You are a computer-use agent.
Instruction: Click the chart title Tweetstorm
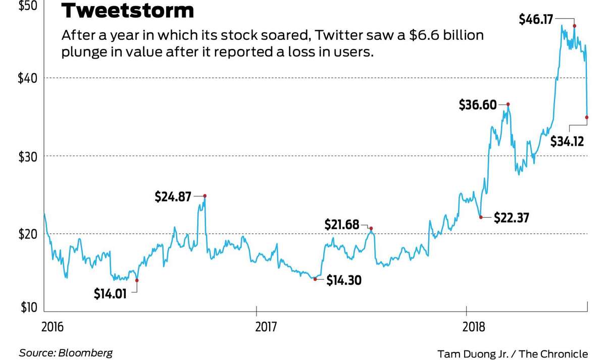pos(127,11)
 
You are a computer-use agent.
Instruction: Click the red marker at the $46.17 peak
pos(575,26)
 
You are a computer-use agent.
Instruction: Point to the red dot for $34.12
pos(587,117)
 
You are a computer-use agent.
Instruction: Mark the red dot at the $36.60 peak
pos(508,104)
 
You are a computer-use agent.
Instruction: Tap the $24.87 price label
pos(173,196)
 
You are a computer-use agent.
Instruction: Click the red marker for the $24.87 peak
pos(205,195)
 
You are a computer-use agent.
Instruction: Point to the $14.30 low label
pos(344,280)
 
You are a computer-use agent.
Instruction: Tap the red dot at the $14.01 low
pos(137,280)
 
